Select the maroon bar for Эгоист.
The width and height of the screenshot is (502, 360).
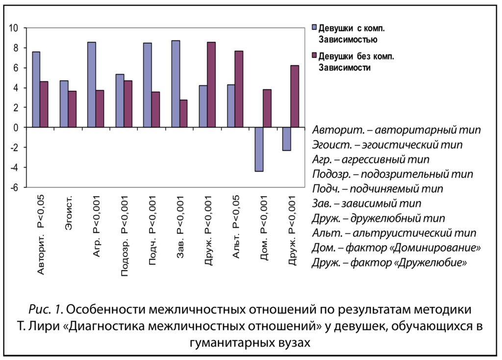pyautogui.click(x=72, y=109)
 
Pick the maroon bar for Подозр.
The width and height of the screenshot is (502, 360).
pyautogui.click(x=127, y=104)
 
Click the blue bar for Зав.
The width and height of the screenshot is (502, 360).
pyautogui.click(x=176, y=84)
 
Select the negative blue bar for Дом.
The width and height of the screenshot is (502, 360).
pyautogui.click(x=259, y=149)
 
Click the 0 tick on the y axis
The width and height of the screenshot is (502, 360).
pyautogui.click(x=16, y=128)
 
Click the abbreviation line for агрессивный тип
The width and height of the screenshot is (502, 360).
pyautogui.click(x=371, y=159)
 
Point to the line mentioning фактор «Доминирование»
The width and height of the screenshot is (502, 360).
pyautogui.click(x=396, y=247)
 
